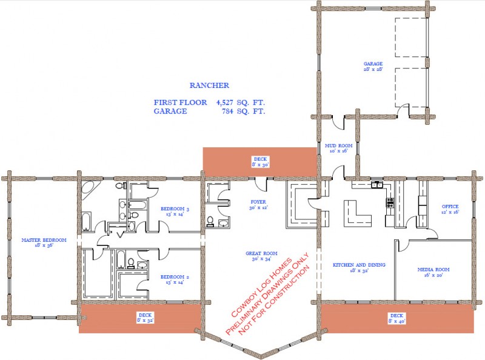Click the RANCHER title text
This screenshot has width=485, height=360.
pyautogui.click(x=209, y=86)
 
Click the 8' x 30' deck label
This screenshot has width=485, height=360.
pyautogui.click(x=260, y=161)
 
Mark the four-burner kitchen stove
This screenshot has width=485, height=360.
pyautogui.click(x=390, y=203)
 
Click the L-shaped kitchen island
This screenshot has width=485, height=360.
pyautogui.click(x=356, y=214)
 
